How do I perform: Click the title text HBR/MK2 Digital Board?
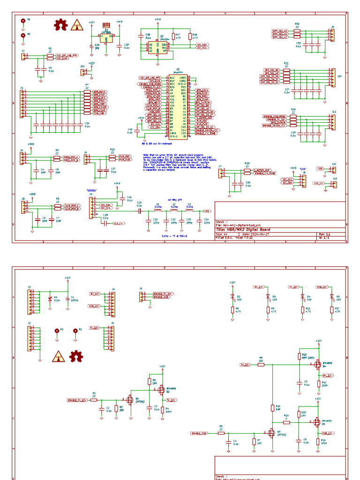click(x=243, y=229)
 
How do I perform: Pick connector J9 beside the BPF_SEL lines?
click(x=332, y=35)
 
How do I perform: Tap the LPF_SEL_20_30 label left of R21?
click(x=270, y=76)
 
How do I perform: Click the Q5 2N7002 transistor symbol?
click(x=271, y=433)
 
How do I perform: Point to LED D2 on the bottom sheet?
click(x=232, y=297)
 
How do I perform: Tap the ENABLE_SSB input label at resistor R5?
click(x=199, y=433)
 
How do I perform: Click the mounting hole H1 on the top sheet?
click(x=23, y=21)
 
